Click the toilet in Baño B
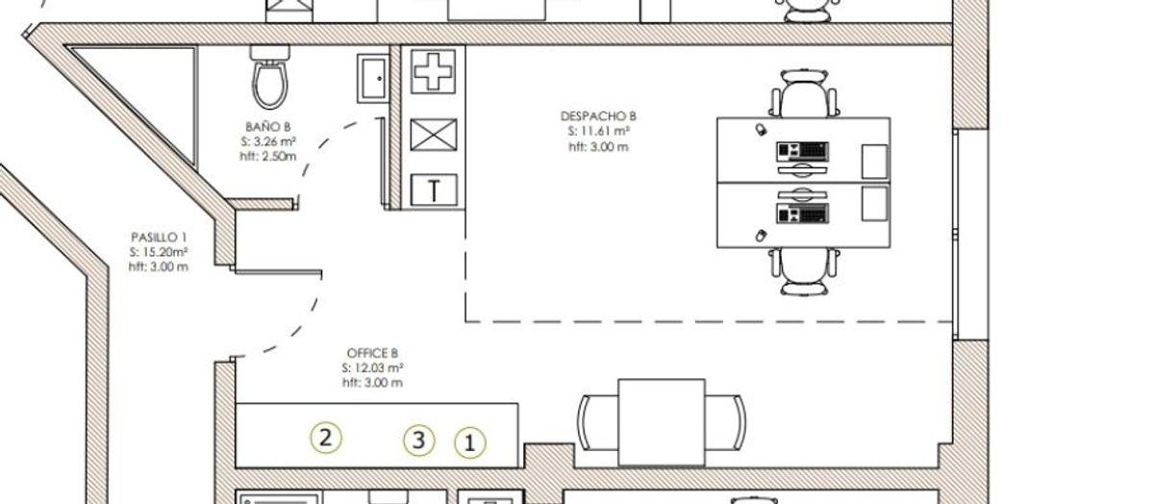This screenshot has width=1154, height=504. click(269, 77)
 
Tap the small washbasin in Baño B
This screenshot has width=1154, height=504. click(373, 79)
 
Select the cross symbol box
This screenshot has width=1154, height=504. click(434, 71)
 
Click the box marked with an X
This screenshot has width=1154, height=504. click(434, 135)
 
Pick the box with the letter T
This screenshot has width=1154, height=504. click(434, 189)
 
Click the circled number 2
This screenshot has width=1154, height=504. click(326, 438)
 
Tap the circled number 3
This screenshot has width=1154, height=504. click(419, 441)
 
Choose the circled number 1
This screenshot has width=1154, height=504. click(470, 442)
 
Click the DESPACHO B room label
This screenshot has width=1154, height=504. click(598, 116)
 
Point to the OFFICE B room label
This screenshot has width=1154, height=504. click(372, 353)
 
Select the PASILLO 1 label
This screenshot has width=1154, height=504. click(159, 237)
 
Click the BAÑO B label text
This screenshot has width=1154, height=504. click(268, 127)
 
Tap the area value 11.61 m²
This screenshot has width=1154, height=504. click(598, 132)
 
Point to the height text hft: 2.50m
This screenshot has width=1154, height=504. click(268, 156)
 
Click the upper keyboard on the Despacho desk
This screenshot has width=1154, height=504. click(803, 151)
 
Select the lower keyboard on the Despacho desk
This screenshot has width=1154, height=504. click(803, 214)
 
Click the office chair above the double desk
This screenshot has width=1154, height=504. click(804, 94)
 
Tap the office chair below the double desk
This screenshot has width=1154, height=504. click(804, 271)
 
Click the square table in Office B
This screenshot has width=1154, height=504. click(662, 422)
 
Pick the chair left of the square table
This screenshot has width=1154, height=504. click(597, 422)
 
